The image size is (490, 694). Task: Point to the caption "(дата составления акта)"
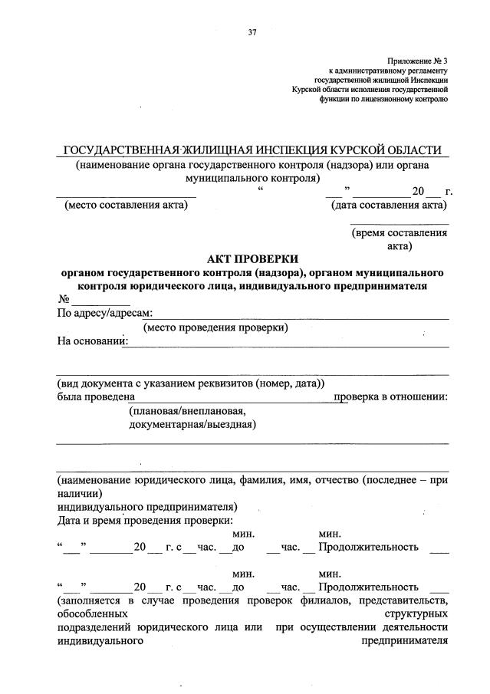[x=389, y=205]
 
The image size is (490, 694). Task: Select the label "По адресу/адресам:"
[x=105, y=313]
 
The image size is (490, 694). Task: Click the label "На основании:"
[x=90, y=341]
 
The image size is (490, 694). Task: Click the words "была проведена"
[x=96, y=396]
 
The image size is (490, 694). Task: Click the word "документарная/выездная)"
[x=192, y=423]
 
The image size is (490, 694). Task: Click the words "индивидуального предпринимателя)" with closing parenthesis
[x=146, y=507]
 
